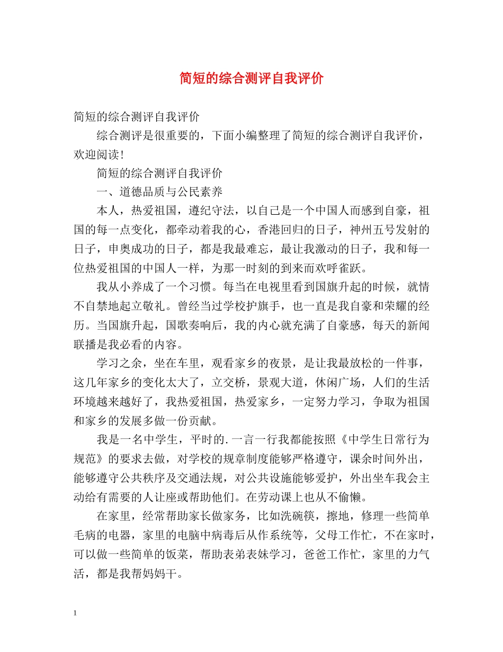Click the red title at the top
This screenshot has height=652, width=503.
click(x=251, y=79)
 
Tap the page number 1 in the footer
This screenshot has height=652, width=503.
click(x=75, y=613)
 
